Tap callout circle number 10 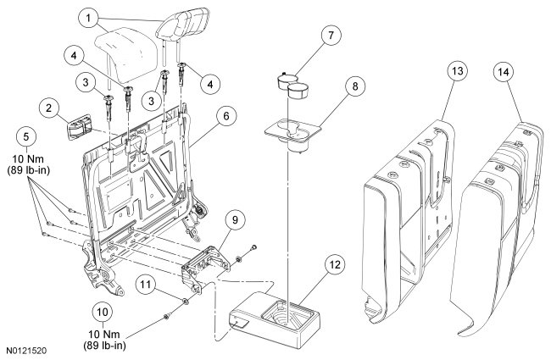point(103,310)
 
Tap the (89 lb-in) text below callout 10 point(103,345)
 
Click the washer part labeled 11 point(185,302)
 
